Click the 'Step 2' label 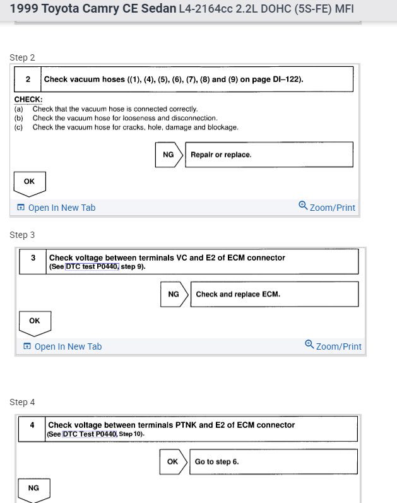[x=22, y=57]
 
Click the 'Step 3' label [x=22, y=235]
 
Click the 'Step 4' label [x=22, y=402]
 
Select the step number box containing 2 [x=28, y=80]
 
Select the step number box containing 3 [x=32, y=261]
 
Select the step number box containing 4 [x=32, y=429]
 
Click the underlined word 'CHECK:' [x=28, y=100]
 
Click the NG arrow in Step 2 [x=169, y=155]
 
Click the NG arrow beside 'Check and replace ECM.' [x=174, y=294]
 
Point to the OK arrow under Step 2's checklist [x=30, y=183]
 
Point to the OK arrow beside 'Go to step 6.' [x=173, y=461]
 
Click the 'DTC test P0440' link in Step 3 [x=92, y=267]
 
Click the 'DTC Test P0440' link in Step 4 [x=90, y=434]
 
